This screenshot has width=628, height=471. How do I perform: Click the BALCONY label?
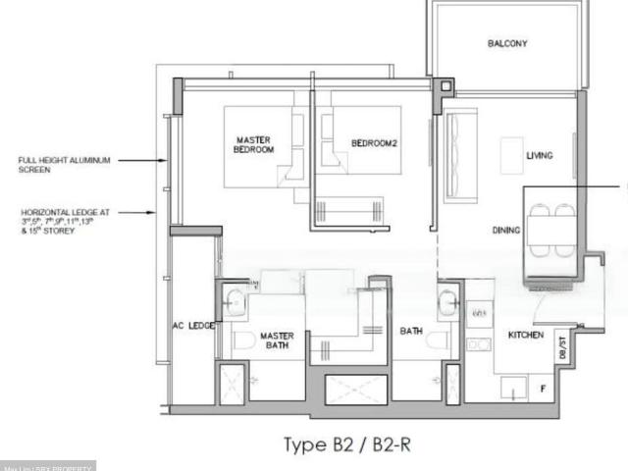click(507, 43)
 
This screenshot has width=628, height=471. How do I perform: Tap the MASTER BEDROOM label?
click(253, 144)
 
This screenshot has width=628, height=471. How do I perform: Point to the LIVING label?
click(539, 156)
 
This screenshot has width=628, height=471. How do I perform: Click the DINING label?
click(505, 231)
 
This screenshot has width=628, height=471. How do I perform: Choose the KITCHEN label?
click(525, 336)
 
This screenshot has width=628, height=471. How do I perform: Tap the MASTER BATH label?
click(276, 340)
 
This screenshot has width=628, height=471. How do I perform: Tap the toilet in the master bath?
click(243, 340)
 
